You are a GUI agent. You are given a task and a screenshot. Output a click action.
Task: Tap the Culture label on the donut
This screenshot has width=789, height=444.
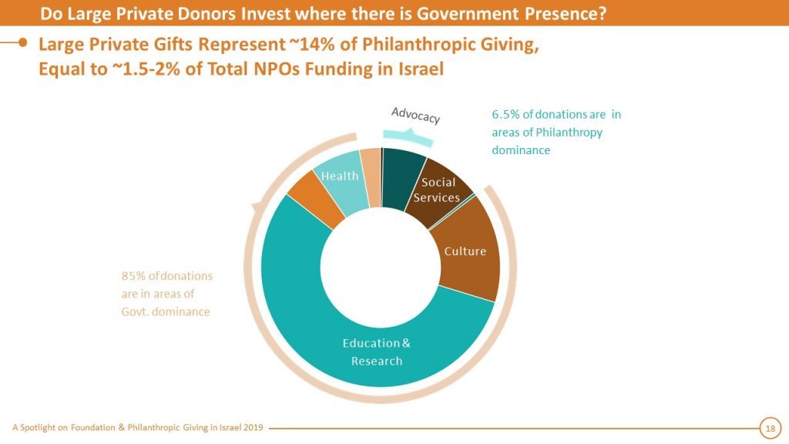point(465,251)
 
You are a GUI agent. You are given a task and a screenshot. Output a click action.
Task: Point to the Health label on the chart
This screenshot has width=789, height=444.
point(340,176)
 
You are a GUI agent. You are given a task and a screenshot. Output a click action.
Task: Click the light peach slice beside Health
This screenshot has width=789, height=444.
point(371,164)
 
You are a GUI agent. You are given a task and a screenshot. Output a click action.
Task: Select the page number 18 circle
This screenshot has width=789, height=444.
point(769,427)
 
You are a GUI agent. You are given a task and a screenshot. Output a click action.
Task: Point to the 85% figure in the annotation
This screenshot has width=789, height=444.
point(132,276)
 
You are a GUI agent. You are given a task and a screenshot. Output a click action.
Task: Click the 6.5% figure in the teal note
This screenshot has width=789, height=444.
point(505,115)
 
